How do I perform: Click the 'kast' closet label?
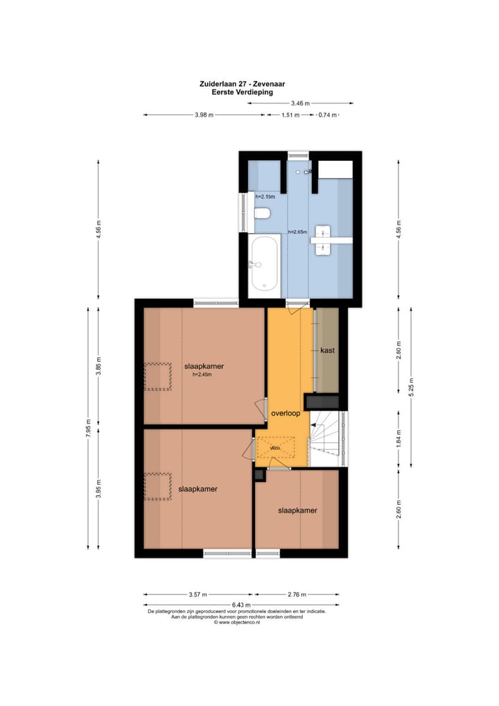(327, 351)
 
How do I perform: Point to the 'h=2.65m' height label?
(298, 232)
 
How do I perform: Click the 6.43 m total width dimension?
(242, 605)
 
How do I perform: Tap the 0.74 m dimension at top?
(327, 115)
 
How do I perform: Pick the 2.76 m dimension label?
(296, 594)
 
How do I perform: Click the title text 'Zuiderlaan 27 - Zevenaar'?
(242, 84)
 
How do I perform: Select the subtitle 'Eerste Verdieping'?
(242, 92)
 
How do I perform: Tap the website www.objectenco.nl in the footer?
(239, 623)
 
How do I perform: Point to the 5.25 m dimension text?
(410, 386)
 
